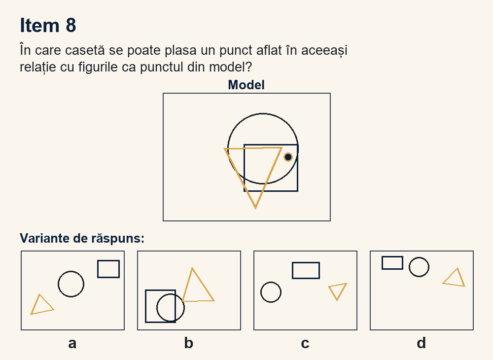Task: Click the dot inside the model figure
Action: (x=288, y=157)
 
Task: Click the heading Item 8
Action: (x=48, y=25)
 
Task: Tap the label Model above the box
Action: (x=246, y=85)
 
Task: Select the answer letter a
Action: (x=72, y=343)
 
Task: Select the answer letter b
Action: (x=189, y=343)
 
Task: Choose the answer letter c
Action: (x=305, y=343)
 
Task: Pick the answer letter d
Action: (x=422, y=343)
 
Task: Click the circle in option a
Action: (x=58, y=284)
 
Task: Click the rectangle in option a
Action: (x=98, y=269)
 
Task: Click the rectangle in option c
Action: (x=292, y=270)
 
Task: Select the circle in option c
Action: (x=261, y=292)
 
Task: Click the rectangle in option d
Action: (x=382, y=263)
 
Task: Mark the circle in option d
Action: (x=409, y=267)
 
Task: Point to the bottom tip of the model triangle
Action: (x=255, y=208)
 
